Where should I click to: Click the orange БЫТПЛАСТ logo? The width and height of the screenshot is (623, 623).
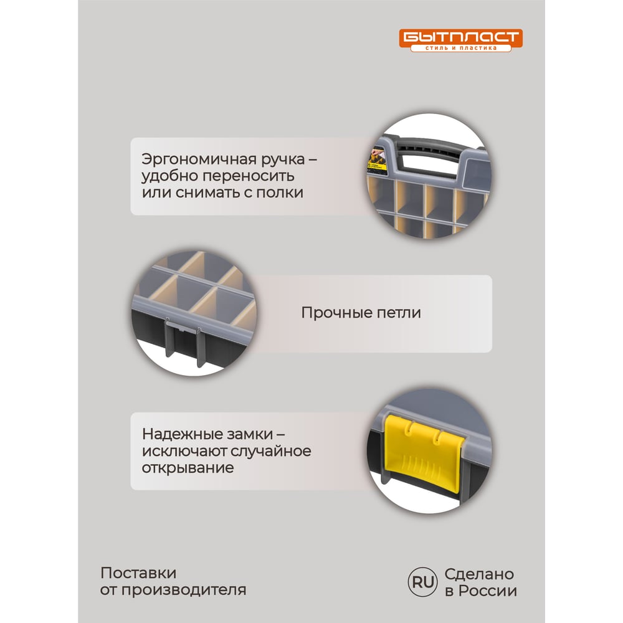click(460, 40)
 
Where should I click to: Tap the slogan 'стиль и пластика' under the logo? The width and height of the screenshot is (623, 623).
click(461, 48)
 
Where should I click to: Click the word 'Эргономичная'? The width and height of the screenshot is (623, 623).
click(201, 159)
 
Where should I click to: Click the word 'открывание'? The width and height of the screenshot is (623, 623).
click(188, 468)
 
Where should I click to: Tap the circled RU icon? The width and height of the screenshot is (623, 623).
click(423, 582)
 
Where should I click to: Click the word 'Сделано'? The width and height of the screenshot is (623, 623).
click(479, 574)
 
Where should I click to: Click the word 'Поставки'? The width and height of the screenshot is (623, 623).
click(138, 573)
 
